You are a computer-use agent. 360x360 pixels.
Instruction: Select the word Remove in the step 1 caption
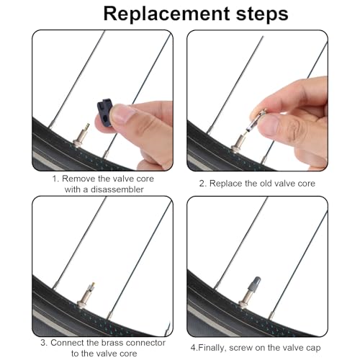(78, 178)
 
